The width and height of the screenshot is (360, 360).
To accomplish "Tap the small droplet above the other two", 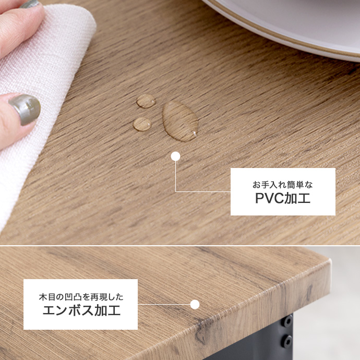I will [x=146, y=101].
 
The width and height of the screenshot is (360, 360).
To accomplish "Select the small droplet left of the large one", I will [x=142, y=124].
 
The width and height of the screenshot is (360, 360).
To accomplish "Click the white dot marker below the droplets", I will [x=175, y=155].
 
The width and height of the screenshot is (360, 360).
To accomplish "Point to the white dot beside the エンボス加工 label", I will [x=195, y=304].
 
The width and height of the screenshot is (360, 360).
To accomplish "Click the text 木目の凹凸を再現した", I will [x=81, y=297].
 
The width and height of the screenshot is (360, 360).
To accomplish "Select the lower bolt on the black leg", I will [x=287, y=342].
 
